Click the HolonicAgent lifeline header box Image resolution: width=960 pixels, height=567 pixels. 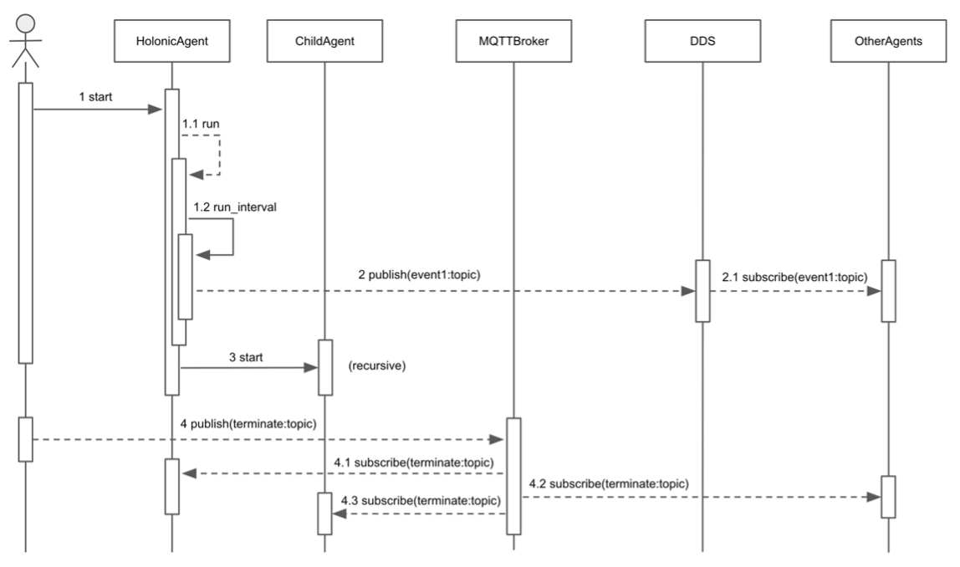171,41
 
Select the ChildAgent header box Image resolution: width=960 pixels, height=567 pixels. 324,41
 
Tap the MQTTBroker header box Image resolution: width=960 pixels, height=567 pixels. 513,41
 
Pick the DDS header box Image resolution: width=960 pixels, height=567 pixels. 702,41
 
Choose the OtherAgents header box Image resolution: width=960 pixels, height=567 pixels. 889,41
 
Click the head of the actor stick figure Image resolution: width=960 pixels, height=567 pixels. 25,22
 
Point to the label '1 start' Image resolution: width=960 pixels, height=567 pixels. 95,97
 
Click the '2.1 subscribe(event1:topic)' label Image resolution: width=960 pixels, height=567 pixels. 794,276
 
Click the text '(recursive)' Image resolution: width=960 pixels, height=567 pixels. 376,365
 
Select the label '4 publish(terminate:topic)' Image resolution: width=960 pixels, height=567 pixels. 248,424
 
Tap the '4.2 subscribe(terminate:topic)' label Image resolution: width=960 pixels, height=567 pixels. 609,483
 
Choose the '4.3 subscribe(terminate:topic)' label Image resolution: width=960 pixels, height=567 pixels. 421,501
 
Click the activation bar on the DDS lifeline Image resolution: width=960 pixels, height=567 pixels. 702,290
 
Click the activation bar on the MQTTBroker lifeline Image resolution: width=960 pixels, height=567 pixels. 513,475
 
